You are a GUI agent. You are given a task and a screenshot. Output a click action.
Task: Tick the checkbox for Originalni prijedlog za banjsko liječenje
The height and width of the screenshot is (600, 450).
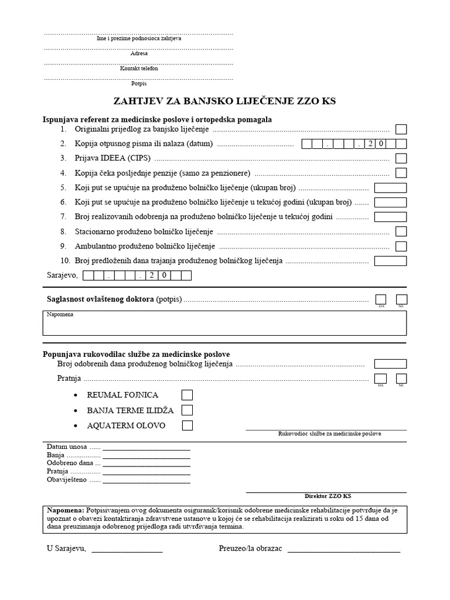tap(401, 129)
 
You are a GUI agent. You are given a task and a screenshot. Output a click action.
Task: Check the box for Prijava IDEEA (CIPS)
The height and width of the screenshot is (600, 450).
tap(401, 158)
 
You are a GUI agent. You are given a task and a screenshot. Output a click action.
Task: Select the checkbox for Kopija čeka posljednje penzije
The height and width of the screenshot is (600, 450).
tap(401, 173)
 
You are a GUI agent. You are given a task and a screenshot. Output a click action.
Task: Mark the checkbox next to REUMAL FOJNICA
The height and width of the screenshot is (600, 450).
tap(187, 395)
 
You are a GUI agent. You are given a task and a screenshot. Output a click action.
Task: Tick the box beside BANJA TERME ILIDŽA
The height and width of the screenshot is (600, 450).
tap(187, 410)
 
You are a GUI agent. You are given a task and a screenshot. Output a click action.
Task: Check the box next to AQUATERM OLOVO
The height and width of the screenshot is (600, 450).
tap(187, 425)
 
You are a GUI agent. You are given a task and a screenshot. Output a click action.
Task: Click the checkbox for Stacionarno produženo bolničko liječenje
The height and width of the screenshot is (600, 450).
tap(401, 231)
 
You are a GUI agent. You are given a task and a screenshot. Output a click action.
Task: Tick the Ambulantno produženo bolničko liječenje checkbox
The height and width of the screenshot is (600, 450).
tap(401, 246)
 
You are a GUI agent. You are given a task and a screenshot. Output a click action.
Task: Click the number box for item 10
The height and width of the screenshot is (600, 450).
tap(390, 261)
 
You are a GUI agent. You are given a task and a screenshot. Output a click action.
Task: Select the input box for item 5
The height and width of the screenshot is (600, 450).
tap(390, 188)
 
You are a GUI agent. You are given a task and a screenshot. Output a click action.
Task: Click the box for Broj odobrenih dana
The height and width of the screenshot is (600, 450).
tap(390, 364)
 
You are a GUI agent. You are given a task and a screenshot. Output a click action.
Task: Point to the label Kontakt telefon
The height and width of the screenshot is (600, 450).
tap(139, 69)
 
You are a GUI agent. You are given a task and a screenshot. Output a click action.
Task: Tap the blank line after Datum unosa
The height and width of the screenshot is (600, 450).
tap(146, 449)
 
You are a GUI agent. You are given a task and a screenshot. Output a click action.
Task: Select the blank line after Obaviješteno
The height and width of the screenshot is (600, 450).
tap(146, 482)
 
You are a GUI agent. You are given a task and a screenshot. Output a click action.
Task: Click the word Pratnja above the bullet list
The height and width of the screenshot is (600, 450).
tap(68, 379)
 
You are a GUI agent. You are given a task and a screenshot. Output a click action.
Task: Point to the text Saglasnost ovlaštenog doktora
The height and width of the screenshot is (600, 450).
tap(100, 300)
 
